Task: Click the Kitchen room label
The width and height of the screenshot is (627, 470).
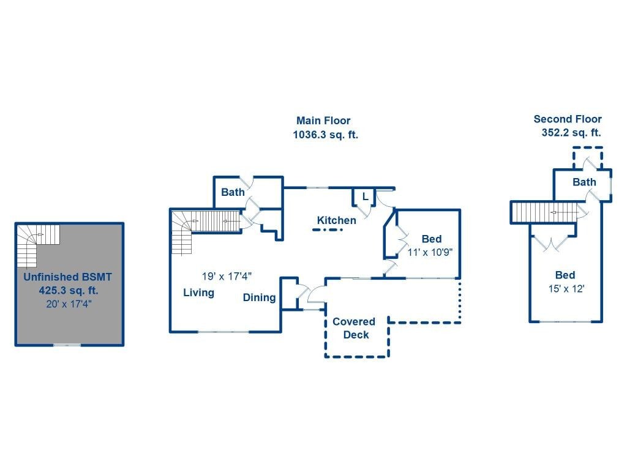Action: [336, 220]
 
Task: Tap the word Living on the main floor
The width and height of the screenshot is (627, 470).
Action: [199, 293]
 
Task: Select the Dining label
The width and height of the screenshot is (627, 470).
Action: [259, 297]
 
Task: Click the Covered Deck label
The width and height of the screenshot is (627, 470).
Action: [355, 328]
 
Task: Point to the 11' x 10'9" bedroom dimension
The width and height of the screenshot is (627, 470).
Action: [430, 253]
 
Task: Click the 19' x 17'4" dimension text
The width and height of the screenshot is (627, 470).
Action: [227, 276]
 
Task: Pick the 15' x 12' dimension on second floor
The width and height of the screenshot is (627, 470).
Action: [566, 289]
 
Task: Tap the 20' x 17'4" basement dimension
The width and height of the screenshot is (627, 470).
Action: [69, 304]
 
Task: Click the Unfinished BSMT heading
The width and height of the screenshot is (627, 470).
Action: [67, 277]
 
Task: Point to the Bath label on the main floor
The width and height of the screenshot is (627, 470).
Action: [233, 192]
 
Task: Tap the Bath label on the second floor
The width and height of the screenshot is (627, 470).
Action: [584, 182]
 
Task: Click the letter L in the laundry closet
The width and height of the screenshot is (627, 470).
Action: [365, 196]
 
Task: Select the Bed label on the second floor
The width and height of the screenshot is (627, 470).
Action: [565, 275]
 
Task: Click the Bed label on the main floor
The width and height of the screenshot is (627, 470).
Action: [432, 239]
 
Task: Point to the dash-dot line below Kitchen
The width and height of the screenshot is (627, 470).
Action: [328, 230]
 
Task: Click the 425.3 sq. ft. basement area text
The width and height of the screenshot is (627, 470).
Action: [69, 291]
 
